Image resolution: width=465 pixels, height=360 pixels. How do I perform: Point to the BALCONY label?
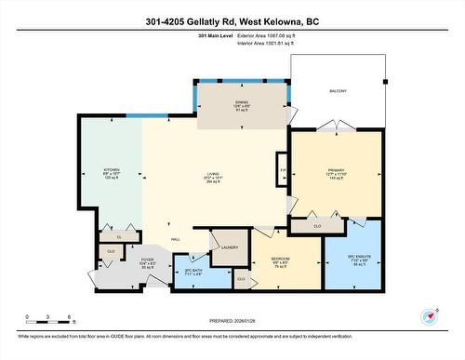[x=338, y=90]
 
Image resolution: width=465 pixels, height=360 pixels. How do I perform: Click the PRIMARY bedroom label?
[x=335, y=170]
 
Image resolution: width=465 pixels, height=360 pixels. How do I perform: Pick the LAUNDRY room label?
[x=230, y=247]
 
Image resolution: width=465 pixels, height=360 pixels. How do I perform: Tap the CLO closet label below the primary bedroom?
[x=317, y=225]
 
